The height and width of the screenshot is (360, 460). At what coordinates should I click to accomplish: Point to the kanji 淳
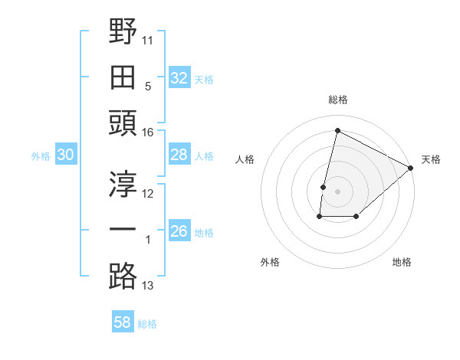click(123, 183)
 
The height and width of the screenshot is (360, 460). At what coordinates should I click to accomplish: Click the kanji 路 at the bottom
click(123, 275)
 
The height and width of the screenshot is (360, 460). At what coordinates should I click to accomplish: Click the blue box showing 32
click(179, 78)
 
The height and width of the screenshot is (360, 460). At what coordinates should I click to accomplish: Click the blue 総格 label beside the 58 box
click(147, 324)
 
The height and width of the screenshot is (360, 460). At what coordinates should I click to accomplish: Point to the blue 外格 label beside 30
click(41, 156)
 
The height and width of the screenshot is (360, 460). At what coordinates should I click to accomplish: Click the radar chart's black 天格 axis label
click(431, 159)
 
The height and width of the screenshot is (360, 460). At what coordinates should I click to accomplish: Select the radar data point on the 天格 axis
click(411, 169)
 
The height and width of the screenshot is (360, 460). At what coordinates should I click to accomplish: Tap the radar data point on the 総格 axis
click(337, 131)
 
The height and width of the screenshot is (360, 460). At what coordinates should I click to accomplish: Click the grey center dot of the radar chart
click(337, 191)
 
